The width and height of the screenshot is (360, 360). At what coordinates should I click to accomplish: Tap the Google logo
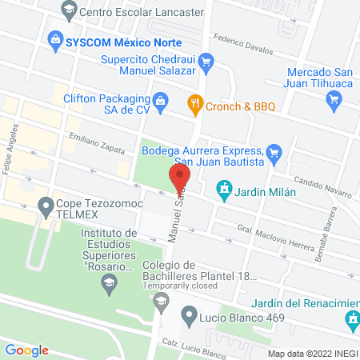pyautogui.click(x=27, y=350)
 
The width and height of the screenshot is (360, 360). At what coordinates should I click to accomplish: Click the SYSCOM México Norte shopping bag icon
pyautogui.click(x=55, y=38)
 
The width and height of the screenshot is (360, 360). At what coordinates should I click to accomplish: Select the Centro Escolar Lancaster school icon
pyautogui.click(x=68, y=10)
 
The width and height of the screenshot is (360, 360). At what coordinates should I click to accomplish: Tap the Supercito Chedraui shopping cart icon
pyautogui.click(x=206, y=60)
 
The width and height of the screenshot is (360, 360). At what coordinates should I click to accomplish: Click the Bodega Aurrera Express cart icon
pyautogui.click(x=274, y=150)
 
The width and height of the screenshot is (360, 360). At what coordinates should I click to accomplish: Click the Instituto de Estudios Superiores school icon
pyautogui.click(x=109, y=280)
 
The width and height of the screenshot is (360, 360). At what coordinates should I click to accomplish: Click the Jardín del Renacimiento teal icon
pyautogui.click(x=350, y=320)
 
